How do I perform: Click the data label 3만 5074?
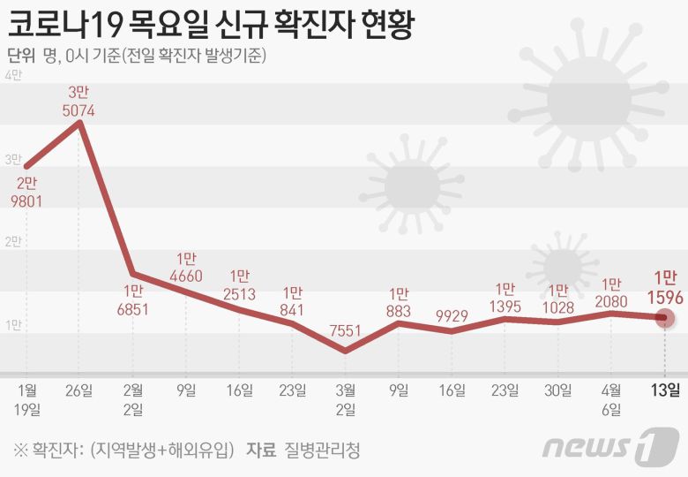point(79,102)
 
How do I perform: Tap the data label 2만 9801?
point(27,192)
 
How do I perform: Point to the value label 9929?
point(452,315)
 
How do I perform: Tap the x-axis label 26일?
point(80,390)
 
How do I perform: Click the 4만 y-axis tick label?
point(13,77)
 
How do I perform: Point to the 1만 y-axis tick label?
point(13,325)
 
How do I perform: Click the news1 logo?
point(609,447)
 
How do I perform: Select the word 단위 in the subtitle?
point(20,56)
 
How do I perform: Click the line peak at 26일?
point(80,123)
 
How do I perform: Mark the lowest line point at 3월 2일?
point(345,351)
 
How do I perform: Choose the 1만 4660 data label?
point(186,268)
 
